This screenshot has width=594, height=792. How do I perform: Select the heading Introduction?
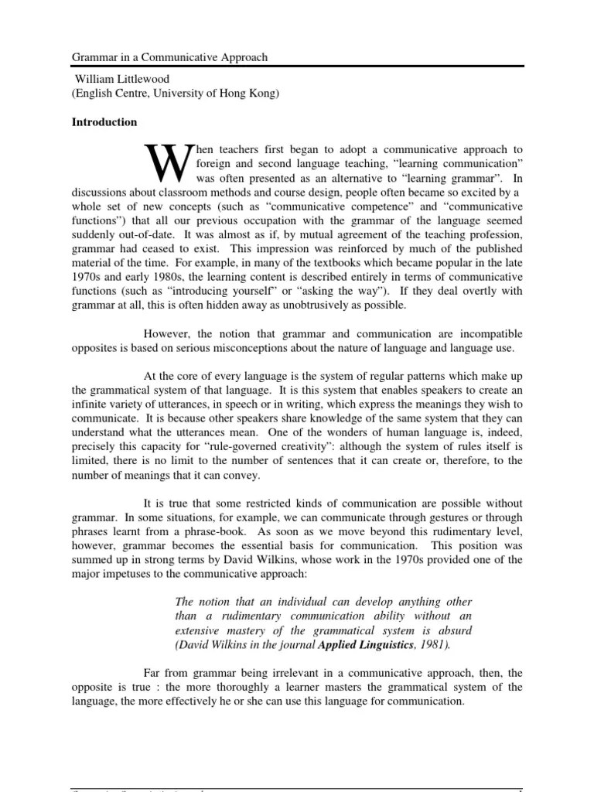104,122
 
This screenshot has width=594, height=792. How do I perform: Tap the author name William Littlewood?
124,80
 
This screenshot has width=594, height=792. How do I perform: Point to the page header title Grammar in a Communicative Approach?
170,57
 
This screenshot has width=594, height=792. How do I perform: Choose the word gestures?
428,517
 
